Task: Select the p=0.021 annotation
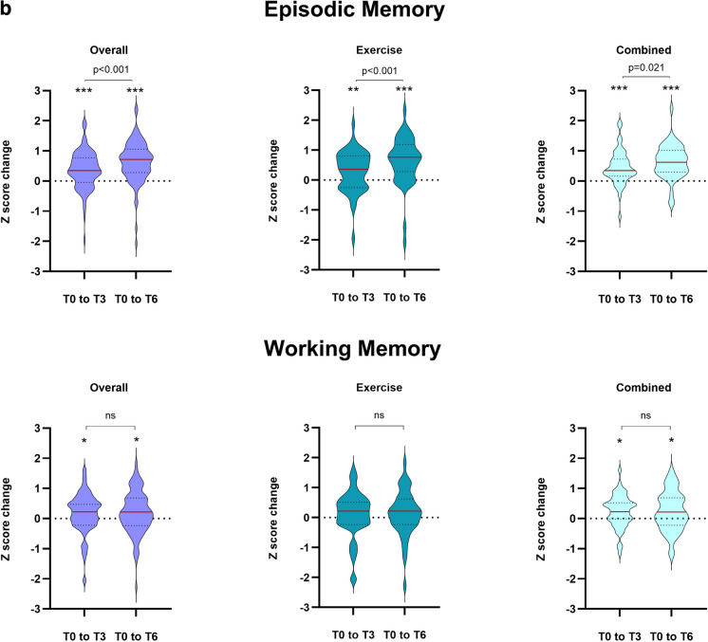pos(644,67)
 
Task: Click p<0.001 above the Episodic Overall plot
pos(109,68)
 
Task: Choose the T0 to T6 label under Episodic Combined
pos(671,299)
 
